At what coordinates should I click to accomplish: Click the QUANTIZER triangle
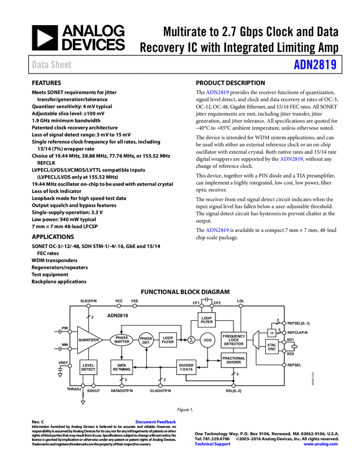click(x=88, y=340)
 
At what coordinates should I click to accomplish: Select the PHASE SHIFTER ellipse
click(x=122, y=340)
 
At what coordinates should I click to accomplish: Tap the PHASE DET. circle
click(x=146, y=340)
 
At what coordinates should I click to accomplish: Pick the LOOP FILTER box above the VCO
click(x=207, y=320)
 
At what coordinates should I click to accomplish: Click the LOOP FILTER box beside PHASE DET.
click(x=168, y=340)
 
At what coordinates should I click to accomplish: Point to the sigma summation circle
click(x=191, y=340)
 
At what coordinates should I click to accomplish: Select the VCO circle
click(x=208, y=340)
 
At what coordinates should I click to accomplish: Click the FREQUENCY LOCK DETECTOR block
click(x=234, y=340)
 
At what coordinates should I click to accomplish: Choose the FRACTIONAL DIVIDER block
click(x=234, y=360)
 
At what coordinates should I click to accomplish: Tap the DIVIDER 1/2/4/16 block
click(x=186, y=367)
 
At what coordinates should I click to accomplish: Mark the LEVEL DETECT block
click(x=88, y=367)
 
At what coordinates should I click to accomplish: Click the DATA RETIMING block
click(x=122, y=367)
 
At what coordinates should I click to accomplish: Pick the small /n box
click(x=272, y=333)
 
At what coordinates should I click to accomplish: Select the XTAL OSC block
click(x=272, y=347)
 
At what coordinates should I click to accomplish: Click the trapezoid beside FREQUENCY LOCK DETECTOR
click(x=255, y=340)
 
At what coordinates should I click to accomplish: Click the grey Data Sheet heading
click(x=52, y=65)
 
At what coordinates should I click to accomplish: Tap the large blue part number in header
click(x=315, y=65)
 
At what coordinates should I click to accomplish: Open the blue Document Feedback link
click(x=156, y=422)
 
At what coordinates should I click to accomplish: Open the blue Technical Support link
click(x=213, y=444)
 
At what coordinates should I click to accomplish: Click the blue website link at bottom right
click(x=321, y=444)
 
